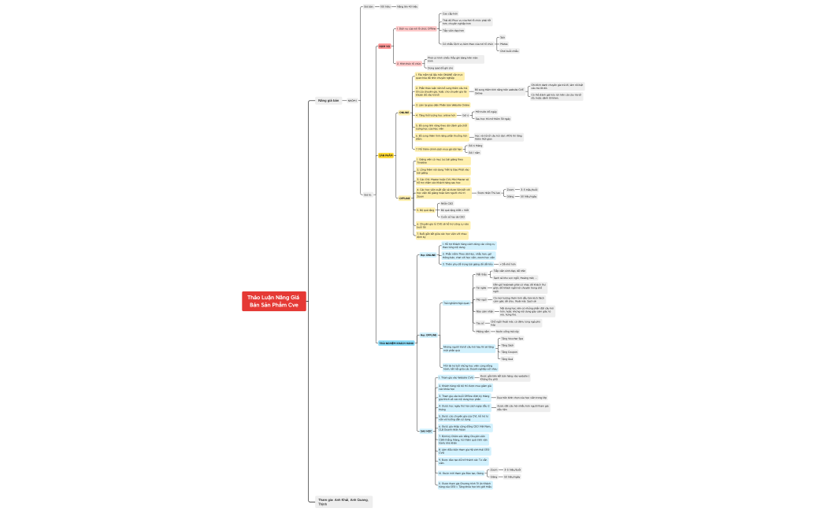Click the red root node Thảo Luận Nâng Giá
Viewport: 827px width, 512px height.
(273, 301)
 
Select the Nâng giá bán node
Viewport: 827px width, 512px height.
(328, 101)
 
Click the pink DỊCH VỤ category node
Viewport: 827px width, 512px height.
(385, 46)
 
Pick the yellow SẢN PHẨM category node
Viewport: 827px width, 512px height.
(386, 155)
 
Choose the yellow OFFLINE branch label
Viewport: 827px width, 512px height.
(404, 198)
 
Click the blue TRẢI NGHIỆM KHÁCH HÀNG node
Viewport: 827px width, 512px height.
(397, 343)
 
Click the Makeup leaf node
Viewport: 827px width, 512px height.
(504, 43)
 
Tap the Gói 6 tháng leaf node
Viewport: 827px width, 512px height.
(475, 146)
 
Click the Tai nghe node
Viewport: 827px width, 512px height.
(480, 288)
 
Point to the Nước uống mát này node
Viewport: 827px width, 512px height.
(509, 332)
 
